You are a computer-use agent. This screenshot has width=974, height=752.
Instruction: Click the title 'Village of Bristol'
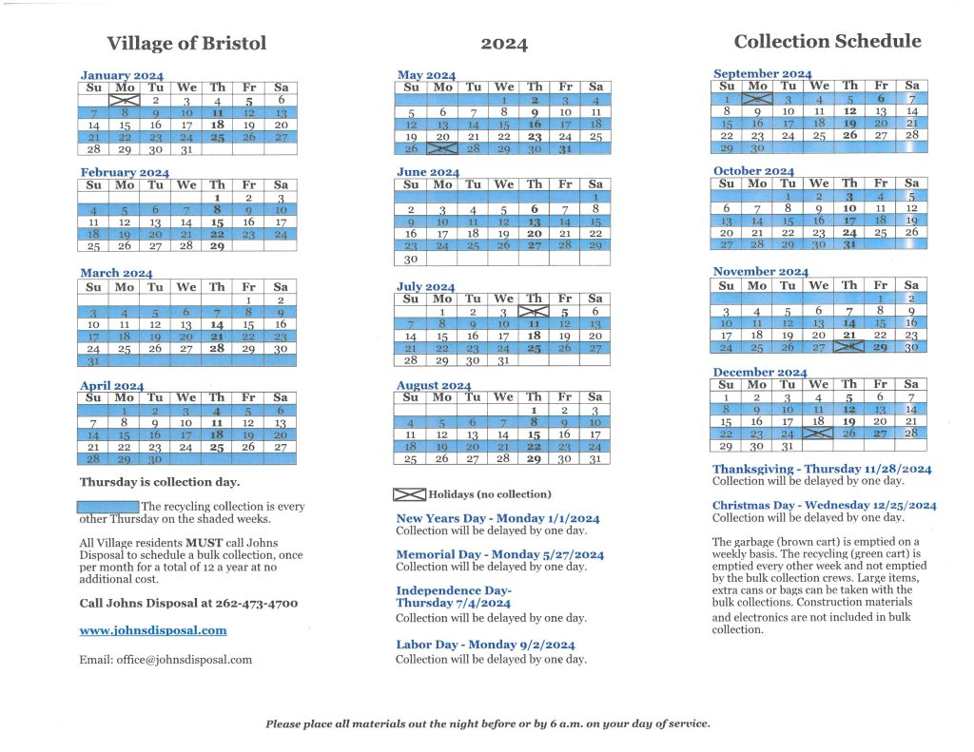(x=186, y=43)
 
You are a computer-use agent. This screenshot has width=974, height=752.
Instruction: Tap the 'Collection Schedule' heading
(x=828, y=41)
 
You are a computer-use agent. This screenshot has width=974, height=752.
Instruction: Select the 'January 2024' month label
(x=122, y=75)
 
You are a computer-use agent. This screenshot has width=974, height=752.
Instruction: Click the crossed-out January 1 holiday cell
(x=125, y=100)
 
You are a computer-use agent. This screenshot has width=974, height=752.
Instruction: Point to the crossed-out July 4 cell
(x=534, y=311)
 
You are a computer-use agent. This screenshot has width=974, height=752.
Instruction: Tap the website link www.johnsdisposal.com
(x=153, y=629)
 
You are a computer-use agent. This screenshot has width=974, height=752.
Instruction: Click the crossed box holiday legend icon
(x=409, y=494)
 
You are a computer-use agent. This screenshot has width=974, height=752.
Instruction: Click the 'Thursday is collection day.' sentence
(x=160, y=482)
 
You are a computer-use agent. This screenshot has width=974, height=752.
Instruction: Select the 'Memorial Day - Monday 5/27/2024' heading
(x=499, y=554)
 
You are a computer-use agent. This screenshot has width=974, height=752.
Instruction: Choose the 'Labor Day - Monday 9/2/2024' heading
(x=485, y=645)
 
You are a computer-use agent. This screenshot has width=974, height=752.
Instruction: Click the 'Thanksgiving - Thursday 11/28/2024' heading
(x=822, y=469)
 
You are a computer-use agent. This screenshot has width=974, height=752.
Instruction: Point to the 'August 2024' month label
(x=434, y=385)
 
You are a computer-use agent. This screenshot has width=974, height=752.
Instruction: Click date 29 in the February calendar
(x=217, y=245)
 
